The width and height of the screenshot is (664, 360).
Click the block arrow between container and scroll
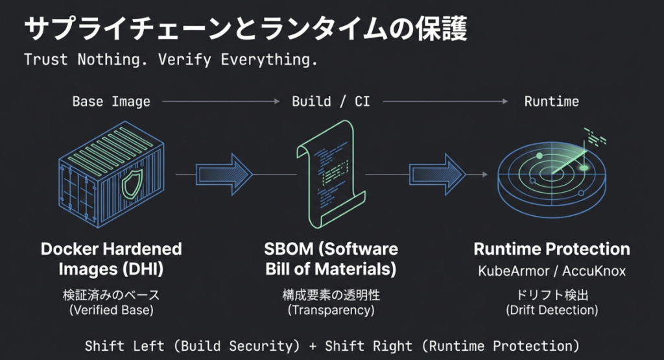click(x=224, y=174)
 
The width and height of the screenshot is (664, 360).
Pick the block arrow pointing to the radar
click(x=437, y=174)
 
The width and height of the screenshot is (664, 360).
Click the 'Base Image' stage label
click(x=111, y=101)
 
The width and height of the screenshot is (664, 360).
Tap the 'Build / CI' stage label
click(x=331, y=101)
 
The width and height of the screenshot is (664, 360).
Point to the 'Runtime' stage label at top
click(x=551, y=101)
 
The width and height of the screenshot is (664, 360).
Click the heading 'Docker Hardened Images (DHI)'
click(x=112, y=258)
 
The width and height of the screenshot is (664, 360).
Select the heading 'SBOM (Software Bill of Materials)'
click(x=331, y=258)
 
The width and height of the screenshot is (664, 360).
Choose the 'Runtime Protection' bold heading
click(x=552, y=249)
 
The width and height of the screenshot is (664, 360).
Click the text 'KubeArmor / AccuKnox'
click(x=552, y=271)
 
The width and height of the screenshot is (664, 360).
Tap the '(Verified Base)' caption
click(x=112, y=310)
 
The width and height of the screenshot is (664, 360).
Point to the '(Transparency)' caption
click(x=331, y=310)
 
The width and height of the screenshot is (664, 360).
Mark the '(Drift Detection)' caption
click(x=552, y=310)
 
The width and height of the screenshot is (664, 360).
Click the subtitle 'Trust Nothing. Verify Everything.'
click(x=171, y=60)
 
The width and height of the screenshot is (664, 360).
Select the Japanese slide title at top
click(x=246, y=28)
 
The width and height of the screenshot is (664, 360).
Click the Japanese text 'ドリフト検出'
click(x=552, y=295)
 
